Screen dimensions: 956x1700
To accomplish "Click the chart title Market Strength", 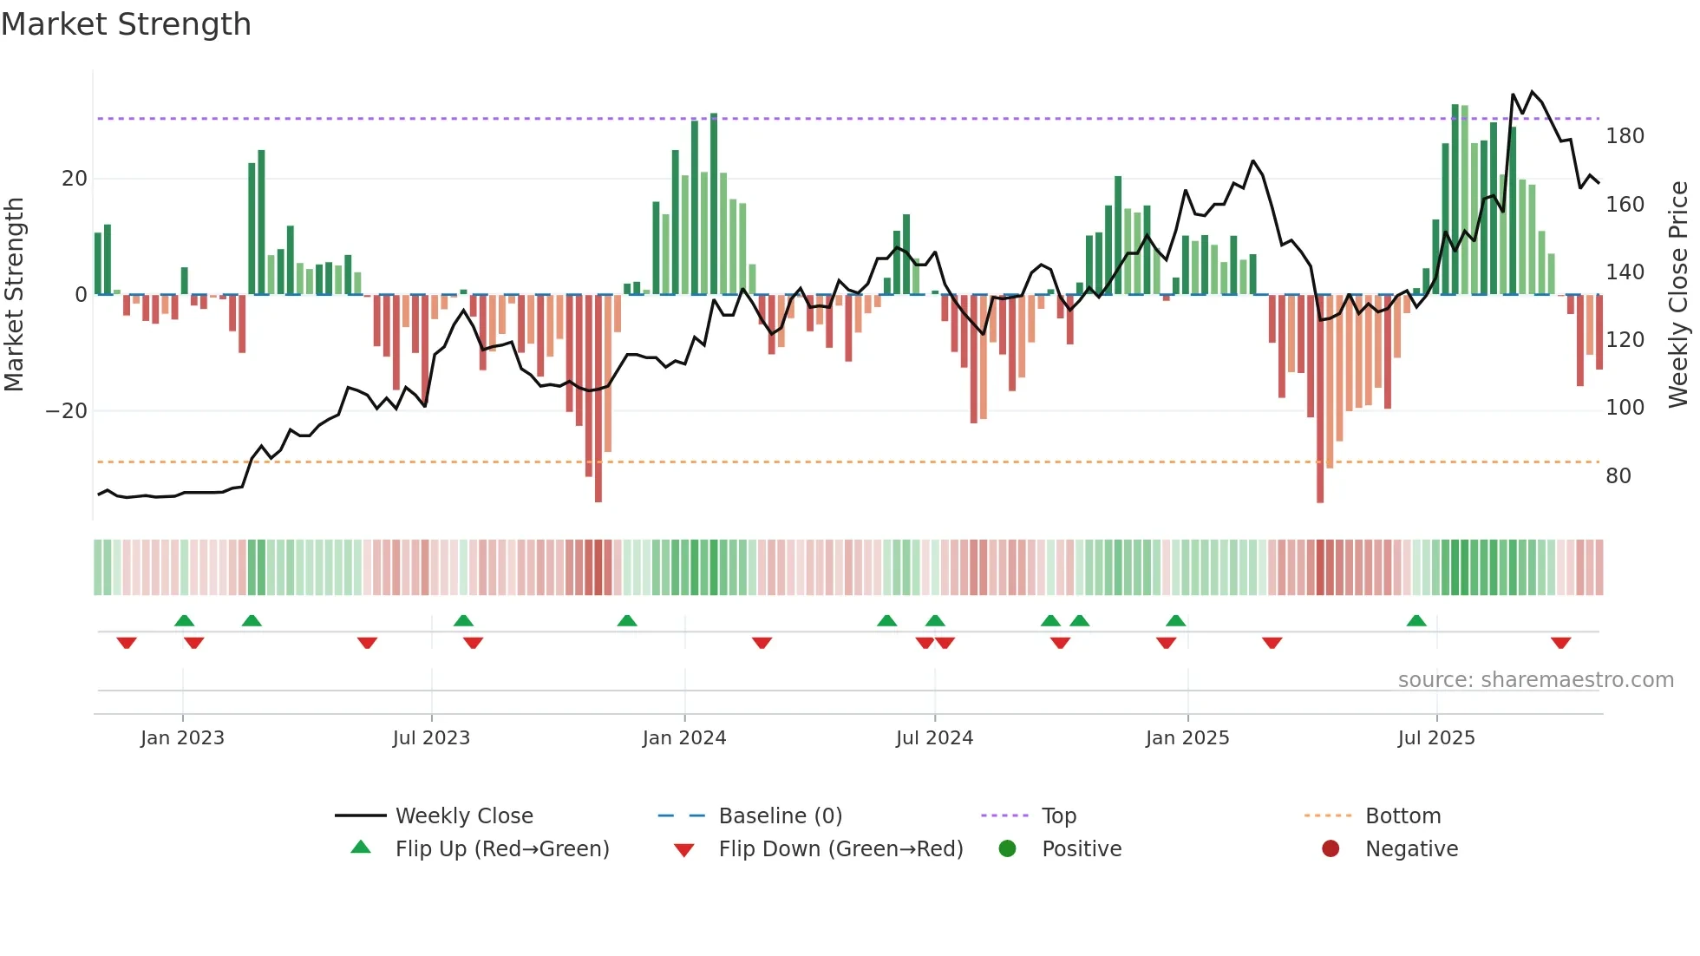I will [x=126, y=24].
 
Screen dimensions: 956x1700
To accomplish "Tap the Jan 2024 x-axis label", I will [x=683, y=738].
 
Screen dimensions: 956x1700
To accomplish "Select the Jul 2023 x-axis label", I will [x=431, y=738].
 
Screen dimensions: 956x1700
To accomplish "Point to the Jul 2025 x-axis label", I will [x=1435, y=738].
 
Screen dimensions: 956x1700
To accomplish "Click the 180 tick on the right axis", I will [x=1624, y=136].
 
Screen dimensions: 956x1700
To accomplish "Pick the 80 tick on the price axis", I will [x=1618, y=476].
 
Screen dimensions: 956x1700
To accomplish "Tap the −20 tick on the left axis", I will [x=67, y=411].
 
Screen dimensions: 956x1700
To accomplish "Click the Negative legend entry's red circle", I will [x=1330, y=849].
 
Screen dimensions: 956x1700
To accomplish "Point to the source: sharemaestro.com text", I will [x=1535, y=680].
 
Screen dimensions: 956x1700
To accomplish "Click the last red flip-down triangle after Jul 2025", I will [x=1560, y=643].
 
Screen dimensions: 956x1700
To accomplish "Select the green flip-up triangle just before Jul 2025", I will [x=1416, y=621].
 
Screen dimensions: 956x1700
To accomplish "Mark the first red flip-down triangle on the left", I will [x=127, y=643].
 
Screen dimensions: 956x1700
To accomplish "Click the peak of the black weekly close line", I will [x=1532, y=92].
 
